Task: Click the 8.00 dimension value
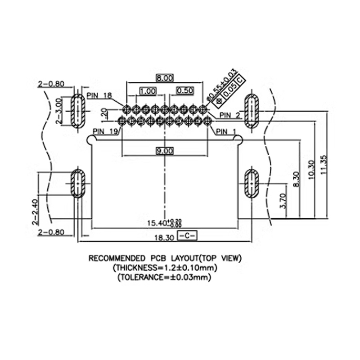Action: (x=164, y=77)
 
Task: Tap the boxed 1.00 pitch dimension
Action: (x=148, y=90)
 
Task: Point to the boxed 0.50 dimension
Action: (x=185, y=90)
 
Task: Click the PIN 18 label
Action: (x=99, y=95)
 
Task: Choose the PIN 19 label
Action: (x=105, y=131)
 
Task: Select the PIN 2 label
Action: (x=231, y=116)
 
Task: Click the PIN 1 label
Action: (x=226, y=131)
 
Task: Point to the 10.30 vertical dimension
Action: (x=310, y=171)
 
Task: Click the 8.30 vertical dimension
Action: (x=295, y=180)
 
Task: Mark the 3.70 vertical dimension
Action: (x=282, y=201)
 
